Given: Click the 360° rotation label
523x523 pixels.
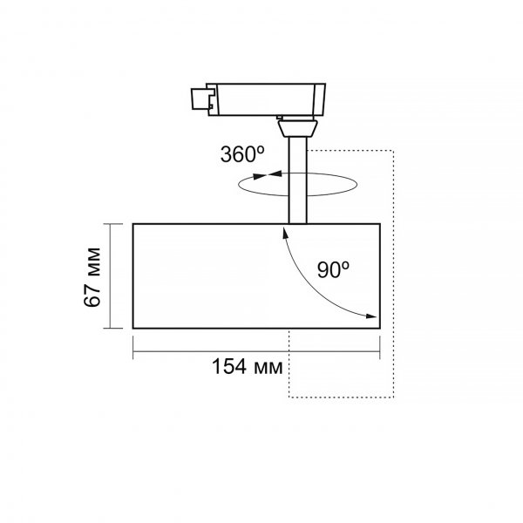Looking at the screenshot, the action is (242, 154).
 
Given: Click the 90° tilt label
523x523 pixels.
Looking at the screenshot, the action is (333, 270).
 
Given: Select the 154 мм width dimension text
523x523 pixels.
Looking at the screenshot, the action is (248, 367).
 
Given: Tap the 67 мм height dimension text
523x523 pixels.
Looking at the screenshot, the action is (92, 277).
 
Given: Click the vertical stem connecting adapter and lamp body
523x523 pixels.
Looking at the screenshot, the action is (297, 180).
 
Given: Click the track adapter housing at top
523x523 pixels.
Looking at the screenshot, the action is (266, 99).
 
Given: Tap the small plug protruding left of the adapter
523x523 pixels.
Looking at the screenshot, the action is (199, 98).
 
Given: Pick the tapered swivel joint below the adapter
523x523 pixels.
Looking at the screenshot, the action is (297, 129).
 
